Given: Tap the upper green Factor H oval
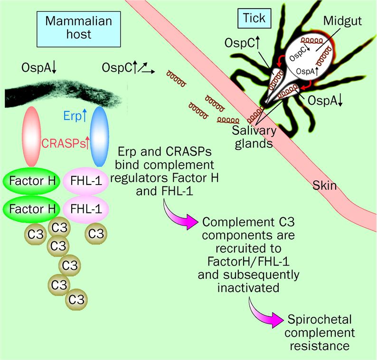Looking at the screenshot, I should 31,182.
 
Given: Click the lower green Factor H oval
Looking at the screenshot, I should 31,209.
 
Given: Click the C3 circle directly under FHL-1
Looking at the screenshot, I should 96,233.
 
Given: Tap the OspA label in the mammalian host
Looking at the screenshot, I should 39,67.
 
